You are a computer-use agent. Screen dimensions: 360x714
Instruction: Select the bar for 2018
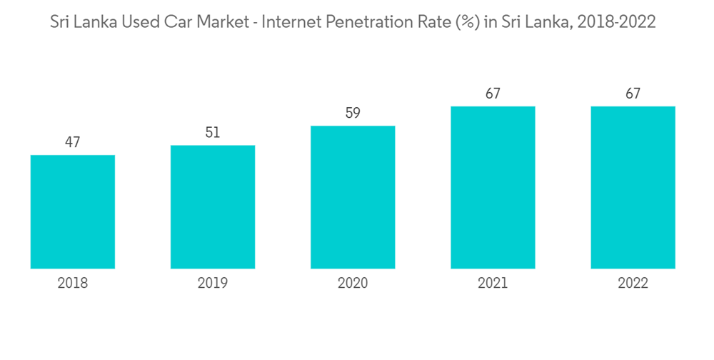[73, 211]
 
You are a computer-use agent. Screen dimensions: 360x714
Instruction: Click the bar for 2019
[213, 207]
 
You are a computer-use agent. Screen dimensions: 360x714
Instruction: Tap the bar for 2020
[353, 197]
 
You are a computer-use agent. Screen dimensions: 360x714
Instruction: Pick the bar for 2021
[493, 187]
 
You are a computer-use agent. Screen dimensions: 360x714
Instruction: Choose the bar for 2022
[633, 187]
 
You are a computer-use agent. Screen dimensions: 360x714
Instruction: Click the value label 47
[73, 142]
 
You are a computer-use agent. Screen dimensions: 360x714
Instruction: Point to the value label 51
[213, 132]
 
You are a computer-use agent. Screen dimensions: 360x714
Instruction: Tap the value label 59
[353, 113]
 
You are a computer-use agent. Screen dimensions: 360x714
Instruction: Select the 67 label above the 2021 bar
[493, 94]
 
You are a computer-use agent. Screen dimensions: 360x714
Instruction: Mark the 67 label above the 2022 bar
[633, 94]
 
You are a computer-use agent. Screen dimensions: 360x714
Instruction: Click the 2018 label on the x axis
[73, 284]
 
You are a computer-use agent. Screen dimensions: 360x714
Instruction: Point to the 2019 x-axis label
[213, 284]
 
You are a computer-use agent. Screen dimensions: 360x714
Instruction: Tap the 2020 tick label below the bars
[353, 284]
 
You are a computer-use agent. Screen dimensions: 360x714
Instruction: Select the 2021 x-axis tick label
[493, 284]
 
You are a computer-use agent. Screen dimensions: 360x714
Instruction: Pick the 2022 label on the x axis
[633, 284]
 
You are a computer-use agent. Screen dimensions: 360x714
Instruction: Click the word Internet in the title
[291, 22]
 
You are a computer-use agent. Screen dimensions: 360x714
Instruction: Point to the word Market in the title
[223, 22]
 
